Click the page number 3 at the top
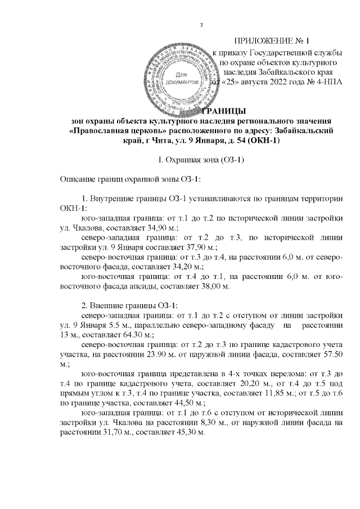201,24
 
